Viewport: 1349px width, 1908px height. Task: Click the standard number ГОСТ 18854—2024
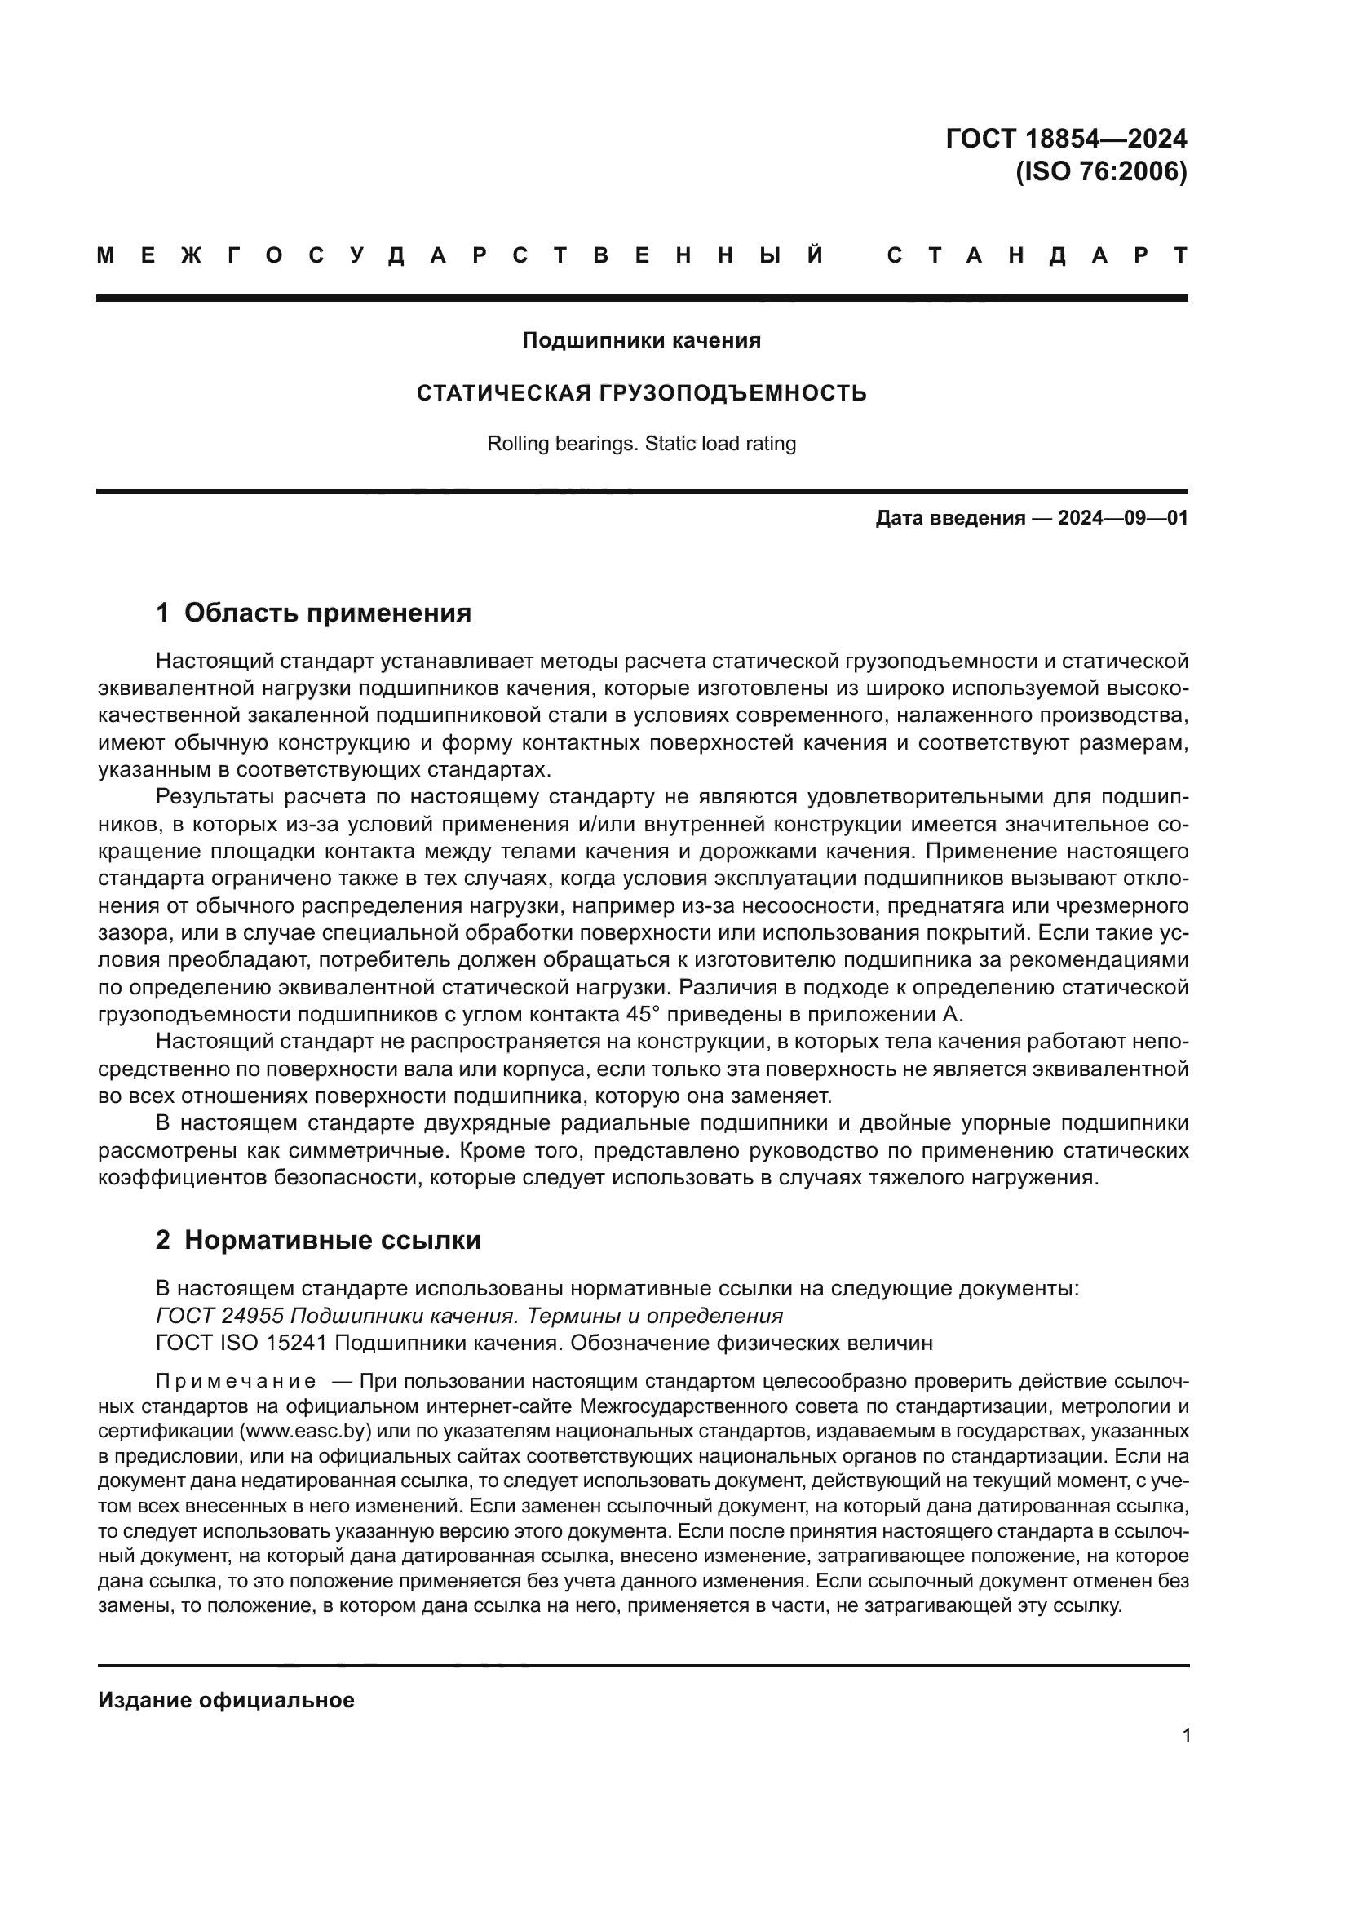1066,138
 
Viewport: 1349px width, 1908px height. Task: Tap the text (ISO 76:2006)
1101,172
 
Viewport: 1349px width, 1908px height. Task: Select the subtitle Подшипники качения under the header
641,341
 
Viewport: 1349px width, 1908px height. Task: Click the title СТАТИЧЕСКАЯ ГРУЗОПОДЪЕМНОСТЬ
641,393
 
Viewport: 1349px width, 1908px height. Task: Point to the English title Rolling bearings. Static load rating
641,444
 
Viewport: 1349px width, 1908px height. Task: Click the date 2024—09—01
1122,519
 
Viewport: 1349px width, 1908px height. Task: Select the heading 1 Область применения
313,613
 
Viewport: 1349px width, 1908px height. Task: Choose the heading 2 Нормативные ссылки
318,1241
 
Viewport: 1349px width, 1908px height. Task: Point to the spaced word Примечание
236,1382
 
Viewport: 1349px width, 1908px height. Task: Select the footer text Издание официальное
226,1700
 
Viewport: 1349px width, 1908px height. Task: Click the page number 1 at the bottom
1186,1736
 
